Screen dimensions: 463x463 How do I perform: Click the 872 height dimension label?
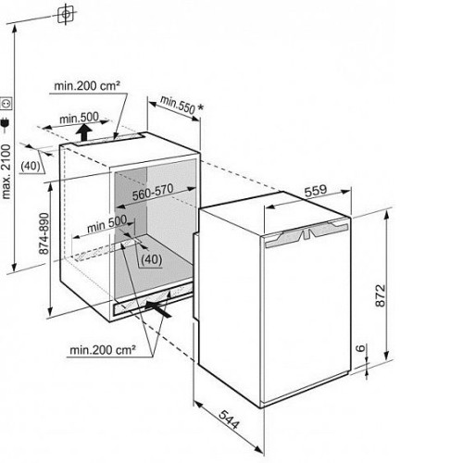tap(381, 295)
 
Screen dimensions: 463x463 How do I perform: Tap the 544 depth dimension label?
tap(229, 419)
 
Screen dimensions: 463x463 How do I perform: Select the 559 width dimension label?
tap(316, 191)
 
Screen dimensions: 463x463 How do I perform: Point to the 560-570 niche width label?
tap(153, 192)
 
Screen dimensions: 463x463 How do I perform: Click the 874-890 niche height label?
tap(44, 233)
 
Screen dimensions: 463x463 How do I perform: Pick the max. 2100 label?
tap(6, 171)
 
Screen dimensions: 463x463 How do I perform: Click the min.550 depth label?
tap(178, 105)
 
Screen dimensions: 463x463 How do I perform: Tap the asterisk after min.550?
tap(200, 107)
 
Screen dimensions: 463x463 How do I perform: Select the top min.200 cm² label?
tap(87, 85)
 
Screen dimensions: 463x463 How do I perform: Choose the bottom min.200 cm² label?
tap(103, 350)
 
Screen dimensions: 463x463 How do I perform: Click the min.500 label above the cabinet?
tap(79, 118)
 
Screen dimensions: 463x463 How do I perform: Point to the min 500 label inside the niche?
tap(106, 224)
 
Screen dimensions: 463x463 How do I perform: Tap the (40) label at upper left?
tap(31, 166)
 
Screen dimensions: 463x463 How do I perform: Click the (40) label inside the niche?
tap(151, 259)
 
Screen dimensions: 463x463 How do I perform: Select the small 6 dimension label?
tap(360, 348)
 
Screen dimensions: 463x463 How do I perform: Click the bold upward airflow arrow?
tap(84, 131)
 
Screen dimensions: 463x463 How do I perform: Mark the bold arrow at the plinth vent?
tap(157, 309)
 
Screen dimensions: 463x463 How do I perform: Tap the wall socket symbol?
tap(6, 104)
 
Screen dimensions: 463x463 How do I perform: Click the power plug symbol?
tap(6, 124)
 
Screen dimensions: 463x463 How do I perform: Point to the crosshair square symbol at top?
tap(66, 14)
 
